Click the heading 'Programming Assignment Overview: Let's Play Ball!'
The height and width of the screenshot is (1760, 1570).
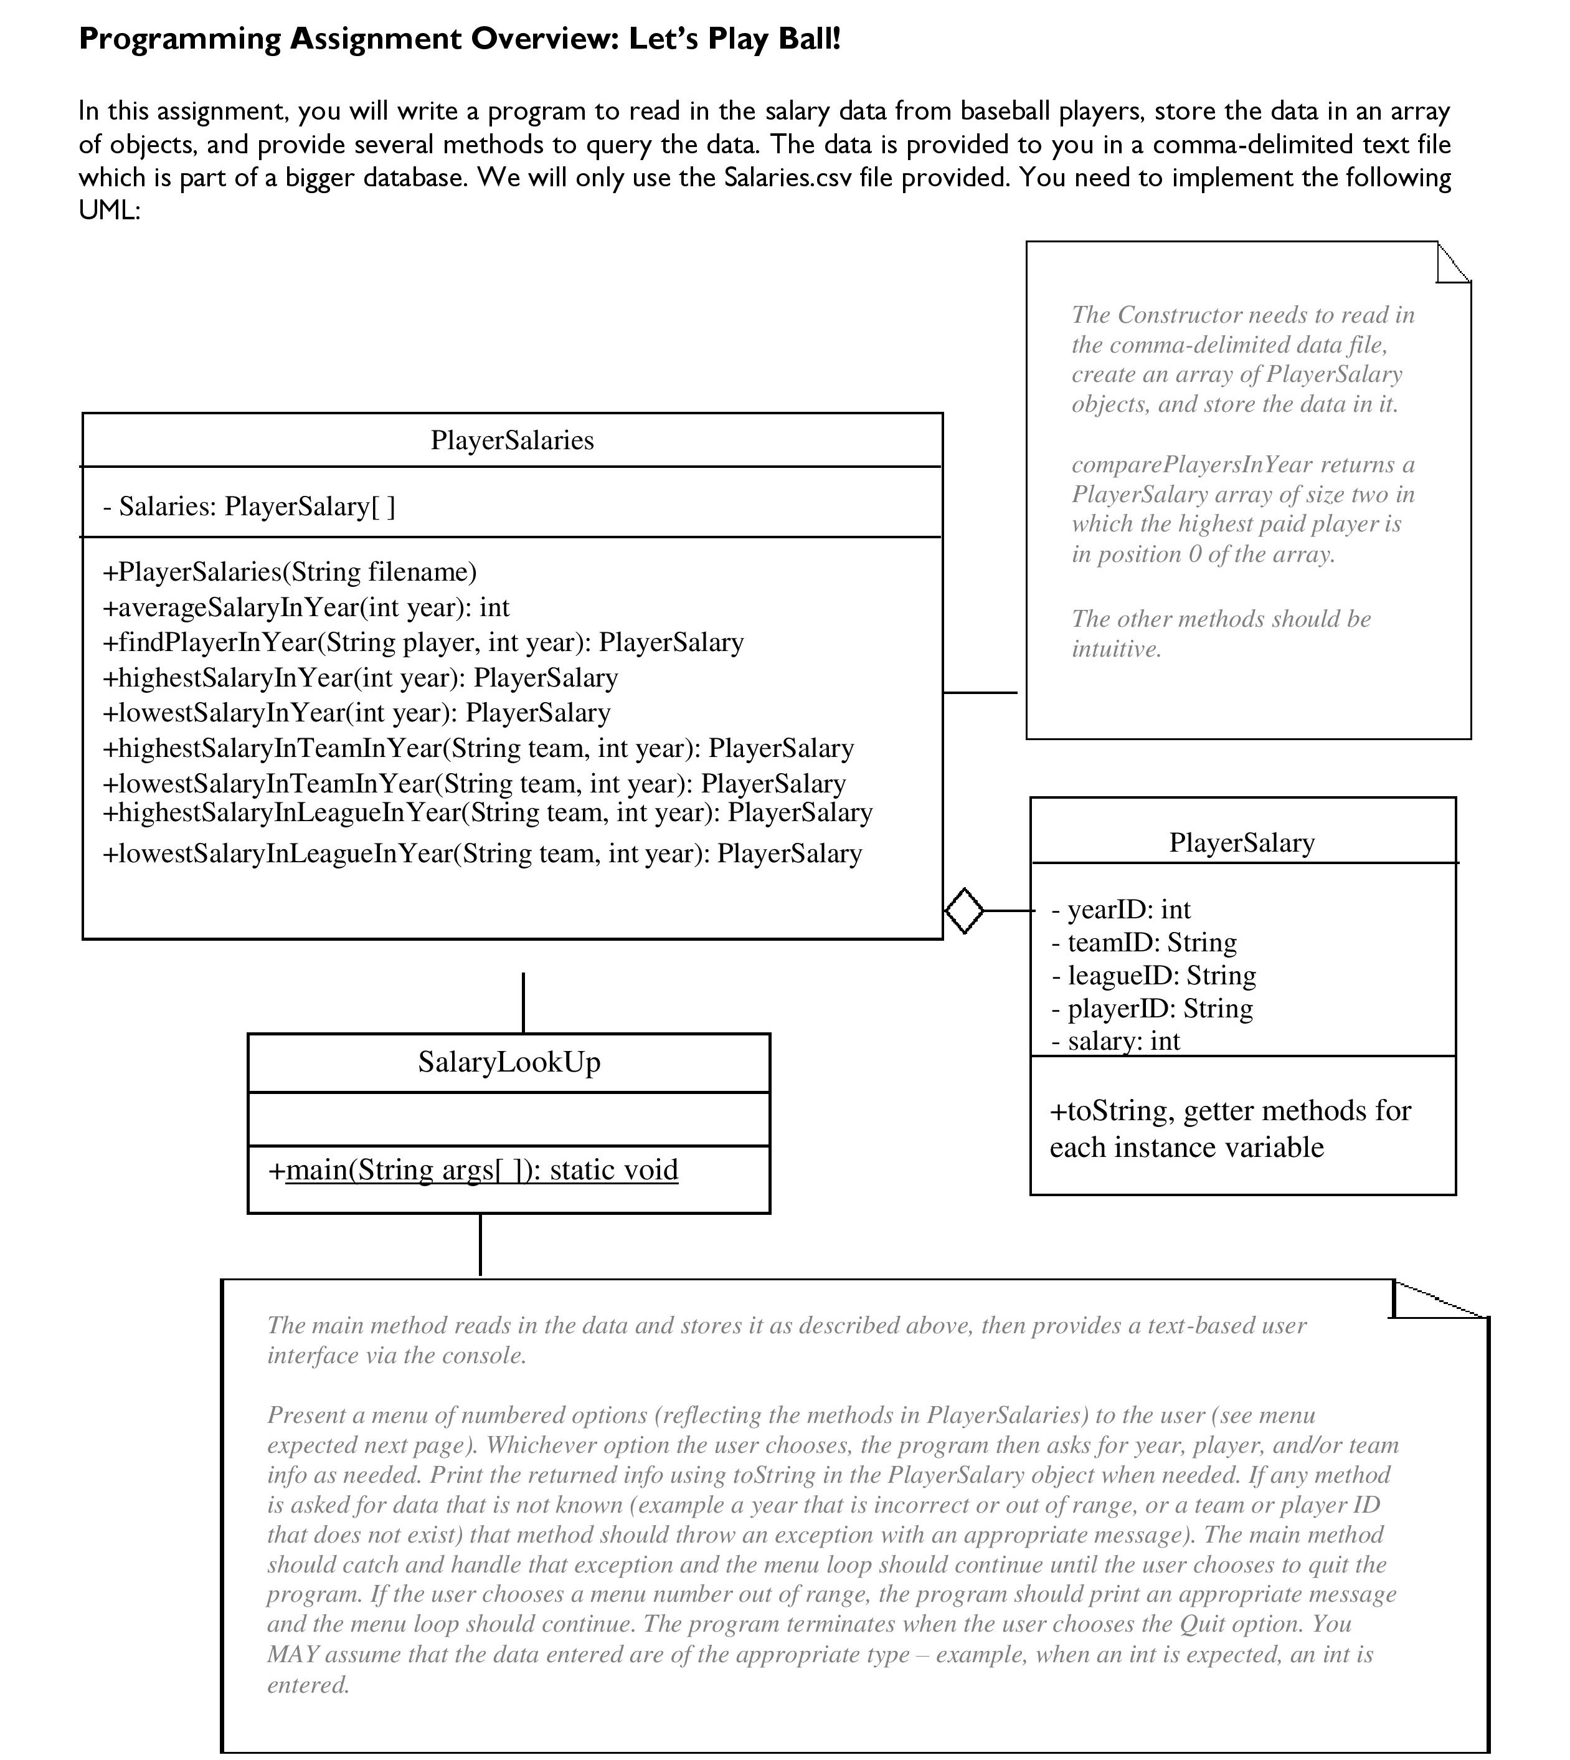coord(459,40)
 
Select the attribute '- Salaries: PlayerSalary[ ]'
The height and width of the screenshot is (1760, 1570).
coord(248,507)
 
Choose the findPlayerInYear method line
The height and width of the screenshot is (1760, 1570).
coord(423,643)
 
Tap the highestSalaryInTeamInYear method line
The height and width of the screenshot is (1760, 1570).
coord(478,748)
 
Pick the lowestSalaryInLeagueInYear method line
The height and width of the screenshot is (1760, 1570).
coord(482,854)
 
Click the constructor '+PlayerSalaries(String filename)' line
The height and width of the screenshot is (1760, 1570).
coord(289,572)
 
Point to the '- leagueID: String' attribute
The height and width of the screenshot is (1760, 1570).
coord(1153,976)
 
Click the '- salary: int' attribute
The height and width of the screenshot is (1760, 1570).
coord(1115,1041)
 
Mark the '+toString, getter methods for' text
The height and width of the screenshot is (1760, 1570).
coord(1230,1111)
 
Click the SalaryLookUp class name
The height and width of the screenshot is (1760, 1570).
coord(509,1062)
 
